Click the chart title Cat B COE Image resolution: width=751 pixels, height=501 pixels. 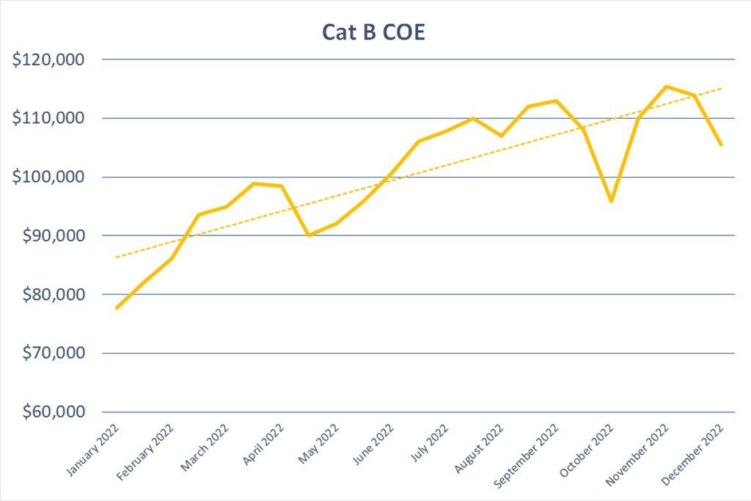(373, 33)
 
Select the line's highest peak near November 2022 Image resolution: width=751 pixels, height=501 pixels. (666, 87)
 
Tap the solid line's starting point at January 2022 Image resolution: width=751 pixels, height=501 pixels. (116, 308)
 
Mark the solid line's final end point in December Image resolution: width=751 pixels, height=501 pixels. (722, 145)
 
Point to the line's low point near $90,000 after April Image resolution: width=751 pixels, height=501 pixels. (309, 235)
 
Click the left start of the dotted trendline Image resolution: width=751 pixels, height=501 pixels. (117, 257)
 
